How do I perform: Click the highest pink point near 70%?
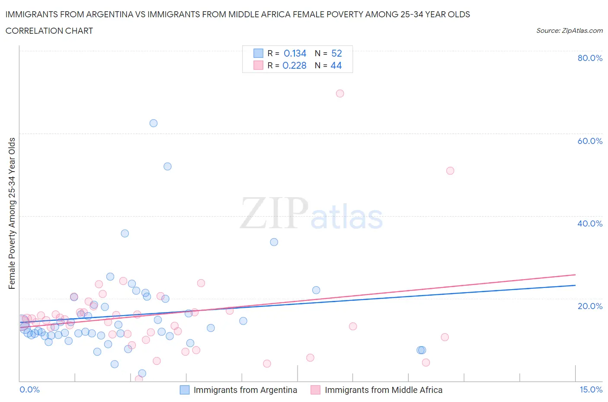coord(340,93)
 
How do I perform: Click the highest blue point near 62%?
coord(154,123)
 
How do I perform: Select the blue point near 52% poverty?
coord(168,166)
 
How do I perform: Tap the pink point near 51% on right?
coord(450,171)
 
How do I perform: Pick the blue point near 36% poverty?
coord(125,233)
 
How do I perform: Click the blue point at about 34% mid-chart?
coord(274,242)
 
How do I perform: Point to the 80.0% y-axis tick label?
coord(590,58)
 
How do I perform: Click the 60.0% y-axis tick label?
coord(590,141)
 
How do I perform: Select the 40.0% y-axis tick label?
coord(590,223)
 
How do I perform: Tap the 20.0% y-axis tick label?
coord(590,306)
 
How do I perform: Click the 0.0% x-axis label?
coord(29,390)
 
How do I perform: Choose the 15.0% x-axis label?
coord(591,390)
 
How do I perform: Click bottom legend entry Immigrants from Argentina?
coord(245,390)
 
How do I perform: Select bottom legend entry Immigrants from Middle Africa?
coord(383,390)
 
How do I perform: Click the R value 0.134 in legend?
coord(295,53)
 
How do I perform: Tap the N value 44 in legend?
coord(336,65)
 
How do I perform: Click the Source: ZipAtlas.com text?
coord(569,30)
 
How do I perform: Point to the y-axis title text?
coord(12,213)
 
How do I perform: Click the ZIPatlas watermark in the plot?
coord(311,214)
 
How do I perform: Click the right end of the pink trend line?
coord(575,274)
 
